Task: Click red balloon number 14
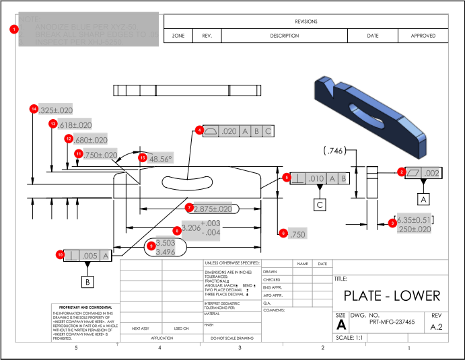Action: [x=33, y=108]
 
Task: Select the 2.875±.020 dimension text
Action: [x=213, y=209]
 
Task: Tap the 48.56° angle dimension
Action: [x=160, y=159]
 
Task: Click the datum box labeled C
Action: [x=320, y=204]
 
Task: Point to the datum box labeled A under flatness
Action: [x=423, y=199]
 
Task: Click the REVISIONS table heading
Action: [x=306, y=22]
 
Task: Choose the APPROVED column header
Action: [x=423, y=36]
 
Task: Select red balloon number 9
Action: [x=151, y=246]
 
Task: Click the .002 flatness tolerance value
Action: [x=431, y=173]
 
